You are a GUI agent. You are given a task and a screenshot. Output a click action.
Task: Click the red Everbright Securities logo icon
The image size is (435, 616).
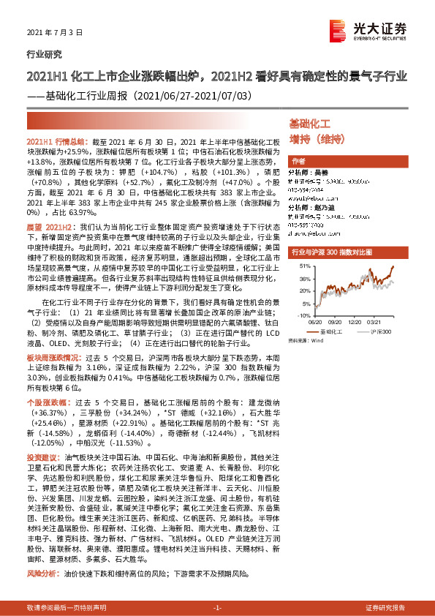(338, 29)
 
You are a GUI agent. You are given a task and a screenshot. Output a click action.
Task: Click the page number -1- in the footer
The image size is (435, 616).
(217, 608)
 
